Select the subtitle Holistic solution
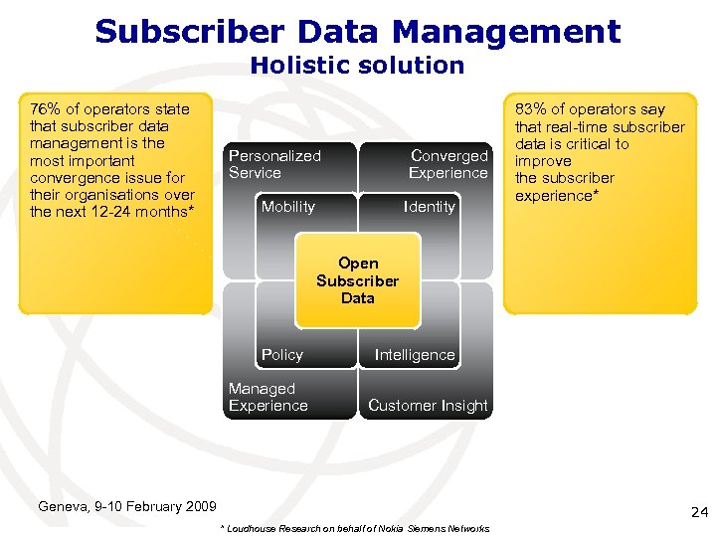tap(357, 66)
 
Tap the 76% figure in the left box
tap(45, 108)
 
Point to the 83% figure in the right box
tap(528, 109)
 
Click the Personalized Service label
tap(274, 164)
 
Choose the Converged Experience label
tap(448, 164)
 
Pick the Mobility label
tap(287, 207)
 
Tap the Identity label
tap(430, 207)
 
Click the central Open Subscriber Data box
tap(358, 281)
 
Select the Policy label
tap(281, 355)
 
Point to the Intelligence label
tap(415, 355)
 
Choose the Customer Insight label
tap(428, 406)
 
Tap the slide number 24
tap(698, 512)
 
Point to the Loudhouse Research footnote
tap(353, 528)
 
